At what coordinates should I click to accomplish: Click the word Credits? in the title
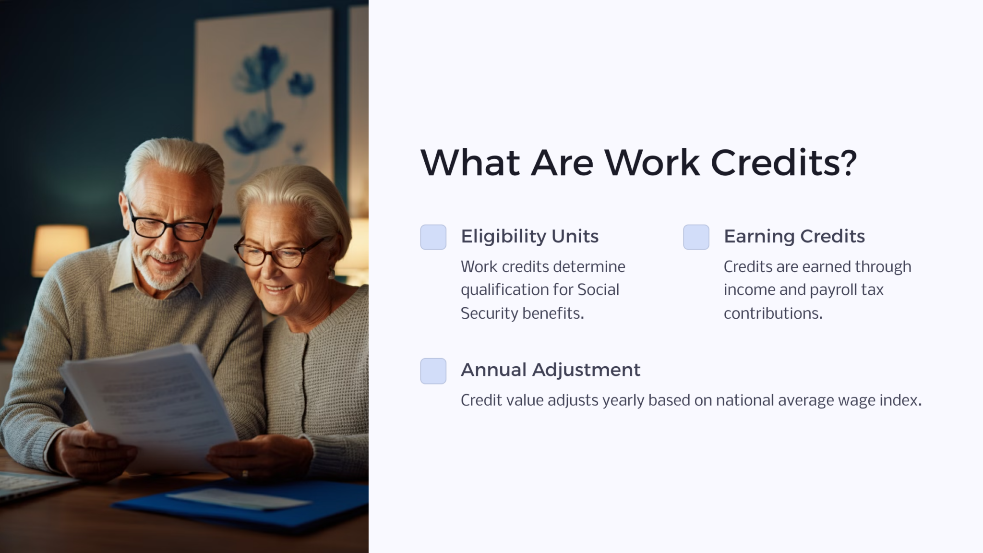click(783, 162)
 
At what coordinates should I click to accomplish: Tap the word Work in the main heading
click(651, 162)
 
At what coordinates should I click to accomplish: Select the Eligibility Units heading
click(529, 236)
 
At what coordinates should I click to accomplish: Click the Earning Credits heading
click(794, 236)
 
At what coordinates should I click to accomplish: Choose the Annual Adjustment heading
click(550, 370)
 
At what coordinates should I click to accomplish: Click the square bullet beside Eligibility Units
click(433, 237)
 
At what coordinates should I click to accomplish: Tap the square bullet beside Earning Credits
click(696, 237)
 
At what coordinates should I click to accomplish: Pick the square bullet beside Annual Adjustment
click(433, 371)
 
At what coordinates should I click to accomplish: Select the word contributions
click(773, 313)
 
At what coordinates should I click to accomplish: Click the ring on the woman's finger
click(245, 474)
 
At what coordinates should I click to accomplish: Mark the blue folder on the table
click(250, 504)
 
